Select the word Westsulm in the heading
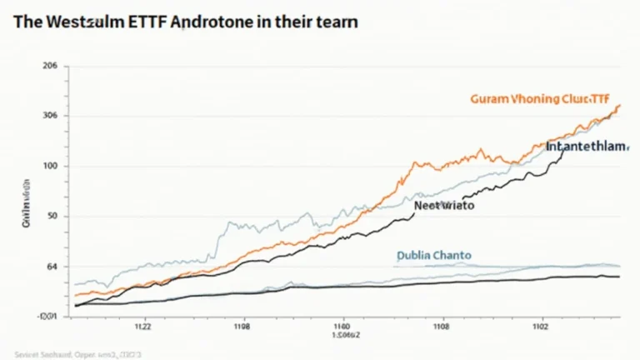coord(73,22)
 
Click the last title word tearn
coord(334,22)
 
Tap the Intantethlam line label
coord(586,146)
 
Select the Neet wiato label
coord(443,204)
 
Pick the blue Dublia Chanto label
coord(433,255)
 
